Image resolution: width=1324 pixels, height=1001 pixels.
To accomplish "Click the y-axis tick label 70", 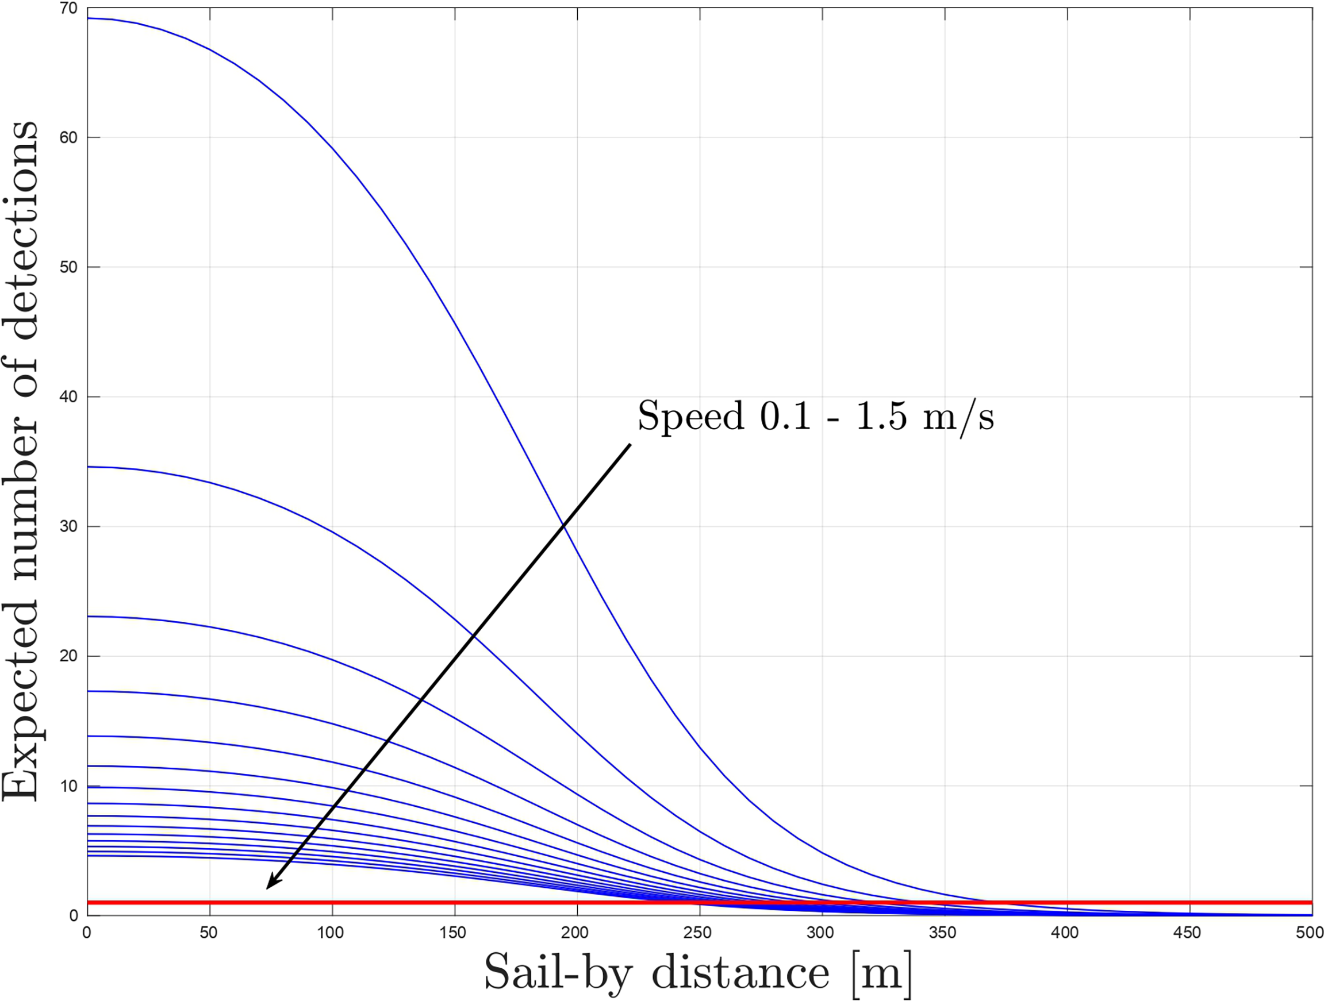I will coord(70,9).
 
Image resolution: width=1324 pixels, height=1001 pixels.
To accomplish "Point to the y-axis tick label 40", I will coord(69,396).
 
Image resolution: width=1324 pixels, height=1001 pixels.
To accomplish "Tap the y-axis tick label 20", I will coord(69,656).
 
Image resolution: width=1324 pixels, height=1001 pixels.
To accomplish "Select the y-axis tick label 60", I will coord(69,137).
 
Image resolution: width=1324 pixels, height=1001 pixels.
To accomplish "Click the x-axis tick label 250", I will coord(697,933).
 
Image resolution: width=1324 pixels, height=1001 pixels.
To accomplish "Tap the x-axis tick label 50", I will coord(208,933).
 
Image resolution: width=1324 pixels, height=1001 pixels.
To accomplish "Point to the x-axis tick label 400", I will coord(1065,933).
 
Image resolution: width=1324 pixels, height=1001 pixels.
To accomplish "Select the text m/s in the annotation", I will coord(958,417).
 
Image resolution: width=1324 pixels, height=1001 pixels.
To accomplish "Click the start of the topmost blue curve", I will coord(89,18).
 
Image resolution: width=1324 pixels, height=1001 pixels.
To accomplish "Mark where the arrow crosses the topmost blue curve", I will coord(563,525).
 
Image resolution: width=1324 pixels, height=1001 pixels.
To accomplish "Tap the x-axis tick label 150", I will coord(452,933).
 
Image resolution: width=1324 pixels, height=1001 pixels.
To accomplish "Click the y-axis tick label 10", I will coord(69,786).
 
